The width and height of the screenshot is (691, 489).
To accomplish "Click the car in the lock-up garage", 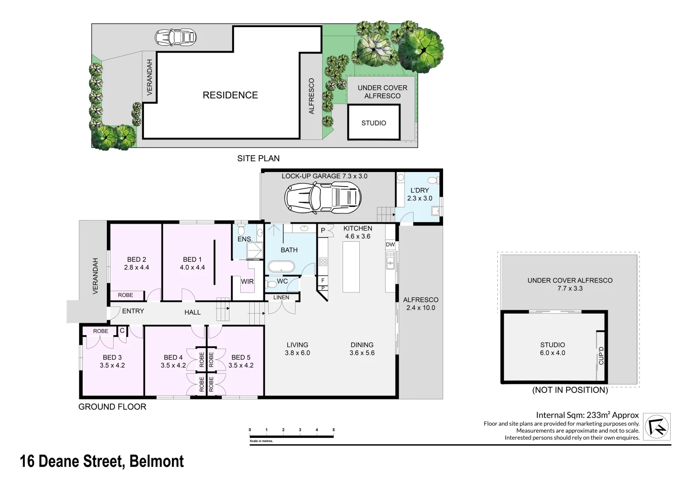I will tap(323, 198).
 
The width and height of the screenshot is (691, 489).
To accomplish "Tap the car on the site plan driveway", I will tap(175, 37).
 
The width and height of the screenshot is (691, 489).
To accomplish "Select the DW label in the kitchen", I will tap(390, 244).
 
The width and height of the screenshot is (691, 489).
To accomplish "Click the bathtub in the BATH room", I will tap(281, 266).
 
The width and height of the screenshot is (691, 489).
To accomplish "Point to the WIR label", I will tap(247, 282).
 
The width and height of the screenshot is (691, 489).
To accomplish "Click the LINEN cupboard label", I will tap(281, 297).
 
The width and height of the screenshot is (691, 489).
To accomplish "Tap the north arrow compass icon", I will tap(657, 427).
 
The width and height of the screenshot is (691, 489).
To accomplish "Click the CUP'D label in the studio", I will tap(601, 355).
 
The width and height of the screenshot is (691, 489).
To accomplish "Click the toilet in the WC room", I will tap(271, 284).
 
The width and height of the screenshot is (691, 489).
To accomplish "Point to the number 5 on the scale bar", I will tap(334, 430).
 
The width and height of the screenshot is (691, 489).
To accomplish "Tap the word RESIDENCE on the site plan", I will tap(230, 95).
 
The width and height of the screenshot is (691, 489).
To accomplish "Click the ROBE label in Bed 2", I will tap(125, 295).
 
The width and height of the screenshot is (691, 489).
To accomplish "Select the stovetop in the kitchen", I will tap(323, 262).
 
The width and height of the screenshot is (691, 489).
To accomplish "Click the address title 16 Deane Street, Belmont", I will tap(102, 461).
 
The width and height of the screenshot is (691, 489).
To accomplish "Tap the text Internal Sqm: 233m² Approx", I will tap(587, 415).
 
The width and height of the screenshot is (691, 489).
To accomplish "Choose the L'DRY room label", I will tap(419, 191).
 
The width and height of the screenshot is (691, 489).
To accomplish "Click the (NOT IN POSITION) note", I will tap(570, 390).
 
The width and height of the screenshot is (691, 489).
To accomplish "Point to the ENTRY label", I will tap(133, 311).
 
